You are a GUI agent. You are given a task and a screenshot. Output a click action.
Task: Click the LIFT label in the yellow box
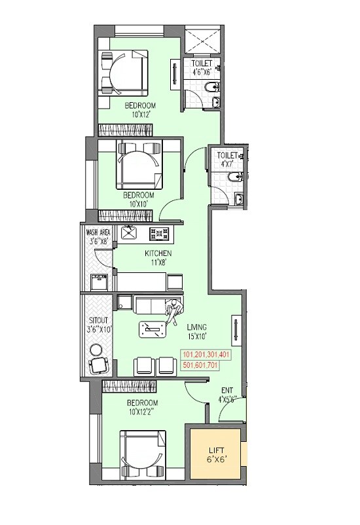click(216, 451)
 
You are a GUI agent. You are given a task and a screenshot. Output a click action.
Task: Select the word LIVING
click(196, 327)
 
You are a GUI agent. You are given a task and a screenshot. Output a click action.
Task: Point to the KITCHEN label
click(158, 253)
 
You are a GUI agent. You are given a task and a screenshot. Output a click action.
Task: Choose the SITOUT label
click(100, 321)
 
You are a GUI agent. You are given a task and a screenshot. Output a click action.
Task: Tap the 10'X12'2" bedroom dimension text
click(142, 411)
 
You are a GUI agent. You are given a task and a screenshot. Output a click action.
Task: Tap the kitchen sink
click(131, 232)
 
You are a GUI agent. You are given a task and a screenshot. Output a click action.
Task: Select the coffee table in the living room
click(153, 330)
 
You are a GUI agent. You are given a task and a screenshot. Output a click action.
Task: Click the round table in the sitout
click(98, 366)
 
